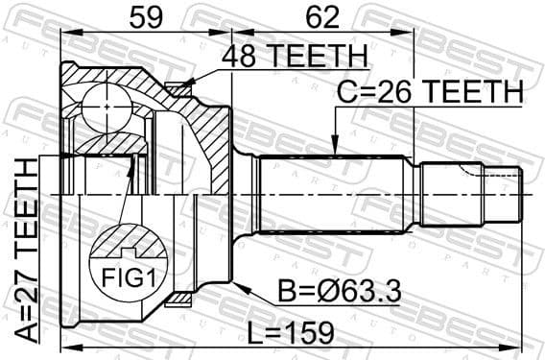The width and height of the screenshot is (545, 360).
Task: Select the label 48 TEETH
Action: [x=295, y=58]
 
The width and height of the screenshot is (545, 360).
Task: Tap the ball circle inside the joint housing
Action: [x=103, y=107]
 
